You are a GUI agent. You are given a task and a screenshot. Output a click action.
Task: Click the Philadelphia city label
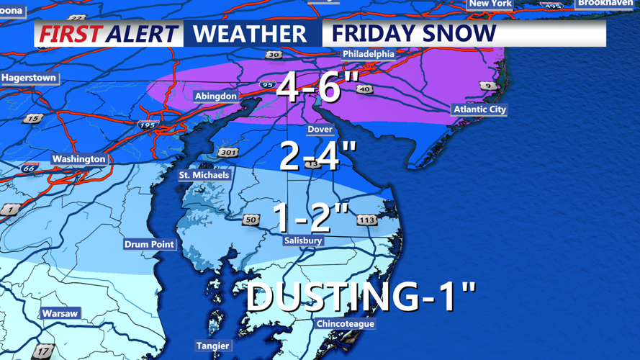point(369,54)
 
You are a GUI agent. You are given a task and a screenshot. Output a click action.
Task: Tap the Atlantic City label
point(479,109)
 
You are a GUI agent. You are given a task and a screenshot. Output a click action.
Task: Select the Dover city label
point(320,130)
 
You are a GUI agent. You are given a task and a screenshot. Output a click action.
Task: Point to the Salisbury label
point(303,240)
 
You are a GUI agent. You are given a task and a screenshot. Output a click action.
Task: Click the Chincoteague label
point(346,324)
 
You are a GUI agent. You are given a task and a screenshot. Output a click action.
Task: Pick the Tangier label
point(213,346)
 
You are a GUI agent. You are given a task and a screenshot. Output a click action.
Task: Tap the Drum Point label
point(149,244)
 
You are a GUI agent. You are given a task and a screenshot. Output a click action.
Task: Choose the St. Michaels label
point(204,175)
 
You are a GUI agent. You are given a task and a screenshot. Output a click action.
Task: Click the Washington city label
point(78,159)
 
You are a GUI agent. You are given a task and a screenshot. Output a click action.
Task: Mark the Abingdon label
point(215,96)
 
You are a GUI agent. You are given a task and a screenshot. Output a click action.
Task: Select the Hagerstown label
point(29,78)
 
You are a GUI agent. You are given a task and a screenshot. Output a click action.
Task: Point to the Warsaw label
point(60,313)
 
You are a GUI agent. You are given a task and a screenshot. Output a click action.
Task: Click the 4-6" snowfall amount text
point(317,88)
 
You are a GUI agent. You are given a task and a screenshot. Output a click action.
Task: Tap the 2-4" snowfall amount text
point(317,156)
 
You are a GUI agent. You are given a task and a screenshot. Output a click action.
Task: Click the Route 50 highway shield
point(251,220)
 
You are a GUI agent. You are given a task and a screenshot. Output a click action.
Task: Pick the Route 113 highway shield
point(366,220)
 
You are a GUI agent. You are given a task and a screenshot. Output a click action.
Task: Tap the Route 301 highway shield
point(227,153)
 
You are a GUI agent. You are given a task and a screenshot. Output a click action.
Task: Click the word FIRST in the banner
point(70,34)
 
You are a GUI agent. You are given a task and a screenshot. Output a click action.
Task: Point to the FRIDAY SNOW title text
point(414,34)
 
